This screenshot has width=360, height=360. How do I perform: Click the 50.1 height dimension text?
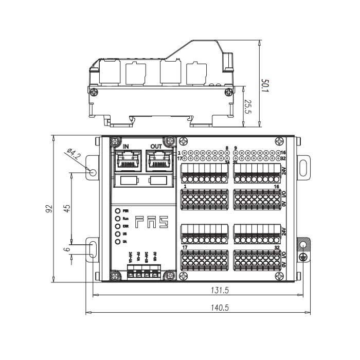[265, 84]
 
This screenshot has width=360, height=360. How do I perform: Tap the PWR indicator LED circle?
[118, 211]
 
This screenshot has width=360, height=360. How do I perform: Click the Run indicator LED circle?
[118, 219]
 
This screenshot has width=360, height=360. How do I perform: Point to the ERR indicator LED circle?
[118, 226]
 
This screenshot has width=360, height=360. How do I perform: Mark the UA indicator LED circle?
[118, 241]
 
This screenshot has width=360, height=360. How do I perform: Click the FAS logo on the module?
[152, 222]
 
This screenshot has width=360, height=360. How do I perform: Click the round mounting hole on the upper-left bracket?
[93, 171]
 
